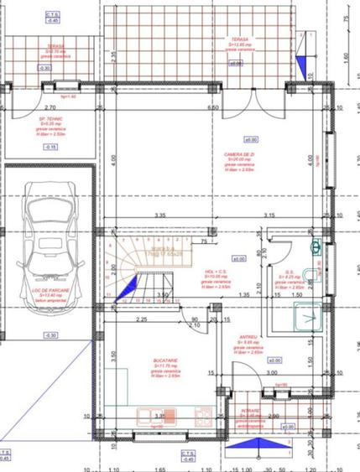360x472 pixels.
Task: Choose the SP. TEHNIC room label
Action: (x=40, y=125)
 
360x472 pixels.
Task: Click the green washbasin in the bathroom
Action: (x=316, y=247)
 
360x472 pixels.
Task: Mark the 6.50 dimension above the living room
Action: (x=213, y=108)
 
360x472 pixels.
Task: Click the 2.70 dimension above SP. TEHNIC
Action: (x=50, y=108)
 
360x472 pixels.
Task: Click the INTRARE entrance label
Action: (x=251, y=413)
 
